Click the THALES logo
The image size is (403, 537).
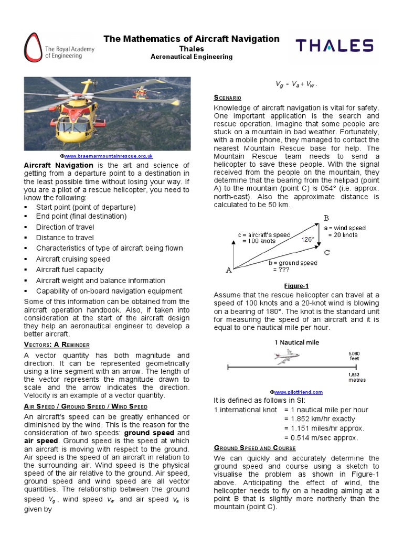click(334, 46)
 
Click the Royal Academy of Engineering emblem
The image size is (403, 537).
click(32, 48)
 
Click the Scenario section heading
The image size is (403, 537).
click(227, 98)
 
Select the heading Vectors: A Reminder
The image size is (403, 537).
click(57, 345)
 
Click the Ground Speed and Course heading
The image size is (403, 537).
click(254, 448)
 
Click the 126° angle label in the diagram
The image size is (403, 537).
click(307, 239)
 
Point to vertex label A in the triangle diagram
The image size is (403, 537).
click(228, 270)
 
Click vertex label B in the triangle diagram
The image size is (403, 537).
click(326, 218)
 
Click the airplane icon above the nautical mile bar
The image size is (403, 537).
click(287, 357)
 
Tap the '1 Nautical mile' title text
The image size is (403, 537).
click(296, 342)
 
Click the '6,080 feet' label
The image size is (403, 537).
click(355, 357)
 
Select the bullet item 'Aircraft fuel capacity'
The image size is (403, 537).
click(70, 270)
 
